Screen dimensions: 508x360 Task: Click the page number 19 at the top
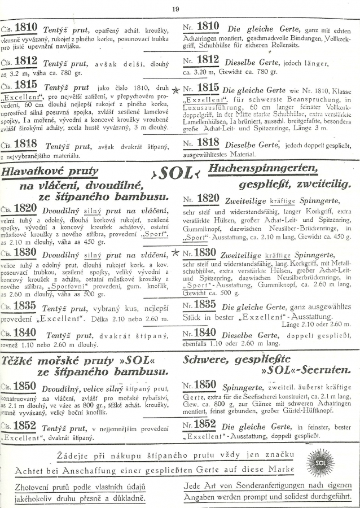pos(175,8)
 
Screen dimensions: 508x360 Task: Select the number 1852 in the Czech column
pos(25,427)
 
